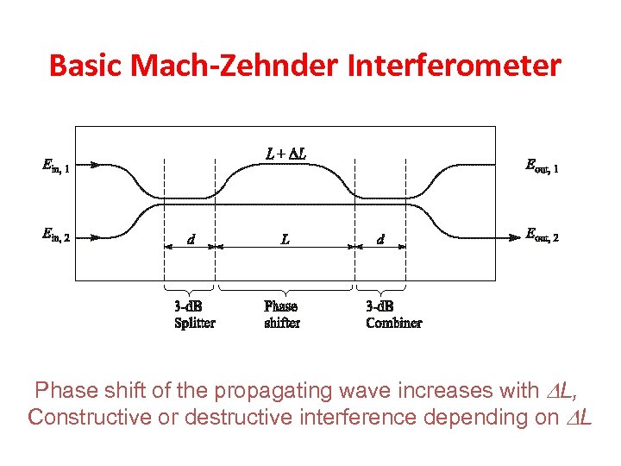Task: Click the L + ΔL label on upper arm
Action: click(285, 154)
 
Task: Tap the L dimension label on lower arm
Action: click(285, 239)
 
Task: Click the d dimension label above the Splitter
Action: click(191, 239)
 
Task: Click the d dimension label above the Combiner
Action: click(380, 239)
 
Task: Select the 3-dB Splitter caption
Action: click(195, 315)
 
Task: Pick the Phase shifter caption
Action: click(282, 315)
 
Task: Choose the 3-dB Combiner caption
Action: click(394, 315)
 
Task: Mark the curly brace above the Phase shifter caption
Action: click(285, 288)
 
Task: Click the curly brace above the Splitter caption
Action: click(189, 288)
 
